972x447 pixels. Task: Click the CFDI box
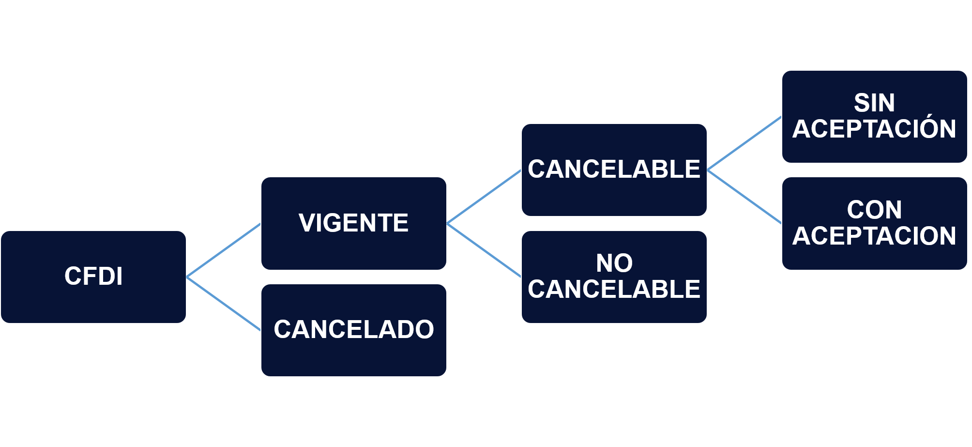coord(93,277)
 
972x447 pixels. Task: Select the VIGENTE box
coord(354,223)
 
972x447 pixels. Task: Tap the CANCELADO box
coord(354,330)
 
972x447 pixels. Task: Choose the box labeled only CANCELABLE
coord(614,170)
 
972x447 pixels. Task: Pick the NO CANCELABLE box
coord(614,277)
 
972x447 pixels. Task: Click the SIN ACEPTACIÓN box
coord(875,117)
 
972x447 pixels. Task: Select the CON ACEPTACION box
coord(875,223)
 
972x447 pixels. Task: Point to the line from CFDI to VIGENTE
coord(224,250)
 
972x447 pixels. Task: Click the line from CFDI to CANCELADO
coord(224,304)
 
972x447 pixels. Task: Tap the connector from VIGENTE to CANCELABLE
coord(484,197)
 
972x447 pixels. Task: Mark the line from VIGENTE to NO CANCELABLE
coord(484,250)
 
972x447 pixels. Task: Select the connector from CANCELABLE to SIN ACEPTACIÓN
coord(744,143)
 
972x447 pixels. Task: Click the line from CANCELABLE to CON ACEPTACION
coord(744,197)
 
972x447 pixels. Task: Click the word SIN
coord(874,103)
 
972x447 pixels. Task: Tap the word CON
coord(874,210)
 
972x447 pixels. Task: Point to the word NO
coord(614,263)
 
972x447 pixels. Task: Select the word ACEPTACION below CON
coord(874,236)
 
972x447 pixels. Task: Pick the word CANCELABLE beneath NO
coord(614,289)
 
